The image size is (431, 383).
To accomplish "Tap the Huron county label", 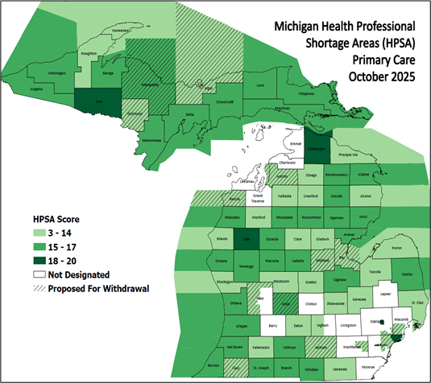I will [x=396, y=249].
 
